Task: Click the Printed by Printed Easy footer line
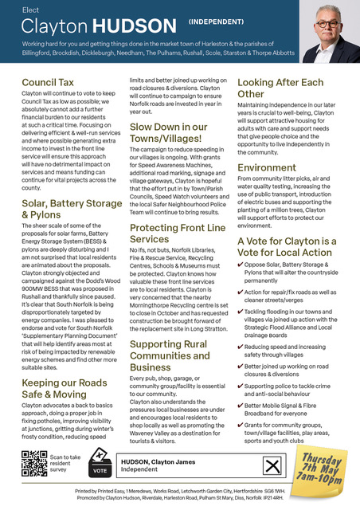pyautogui.click(x=180, y=492)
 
